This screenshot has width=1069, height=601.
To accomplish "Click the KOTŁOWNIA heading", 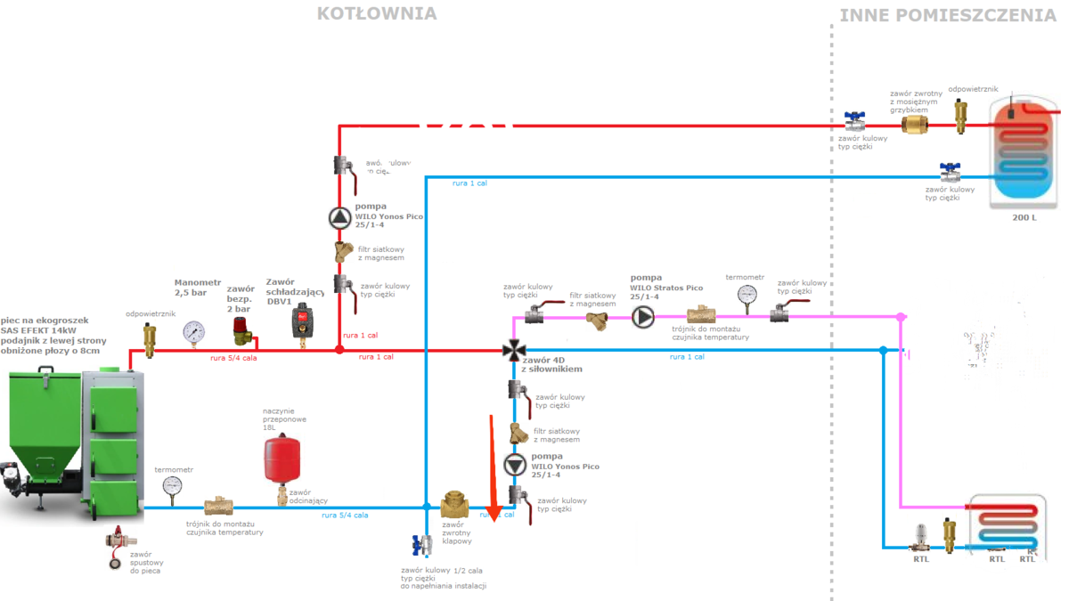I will (377, 13).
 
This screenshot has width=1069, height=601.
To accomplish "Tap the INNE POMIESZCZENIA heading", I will (948, 15).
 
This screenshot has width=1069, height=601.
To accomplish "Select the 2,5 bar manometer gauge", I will (192, 333).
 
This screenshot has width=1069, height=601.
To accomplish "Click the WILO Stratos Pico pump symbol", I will (642, 316).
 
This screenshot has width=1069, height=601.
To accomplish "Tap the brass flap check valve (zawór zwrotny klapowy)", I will (454, 507).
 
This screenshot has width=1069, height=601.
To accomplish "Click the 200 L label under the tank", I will (1024, 218).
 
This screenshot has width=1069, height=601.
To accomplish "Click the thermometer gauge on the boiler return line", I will (172, 486).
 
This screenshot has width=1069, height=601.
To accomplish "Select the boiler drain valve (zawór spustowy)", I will (116, 546).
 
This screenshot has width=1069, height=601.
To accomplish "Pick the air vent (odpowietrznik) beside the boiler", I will (149, 338).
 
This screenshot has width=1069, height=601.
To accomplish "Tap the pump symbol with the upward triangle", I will (339, 216).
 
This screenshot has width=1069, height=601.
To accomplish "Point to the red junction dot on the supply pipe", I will (339, 350).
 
